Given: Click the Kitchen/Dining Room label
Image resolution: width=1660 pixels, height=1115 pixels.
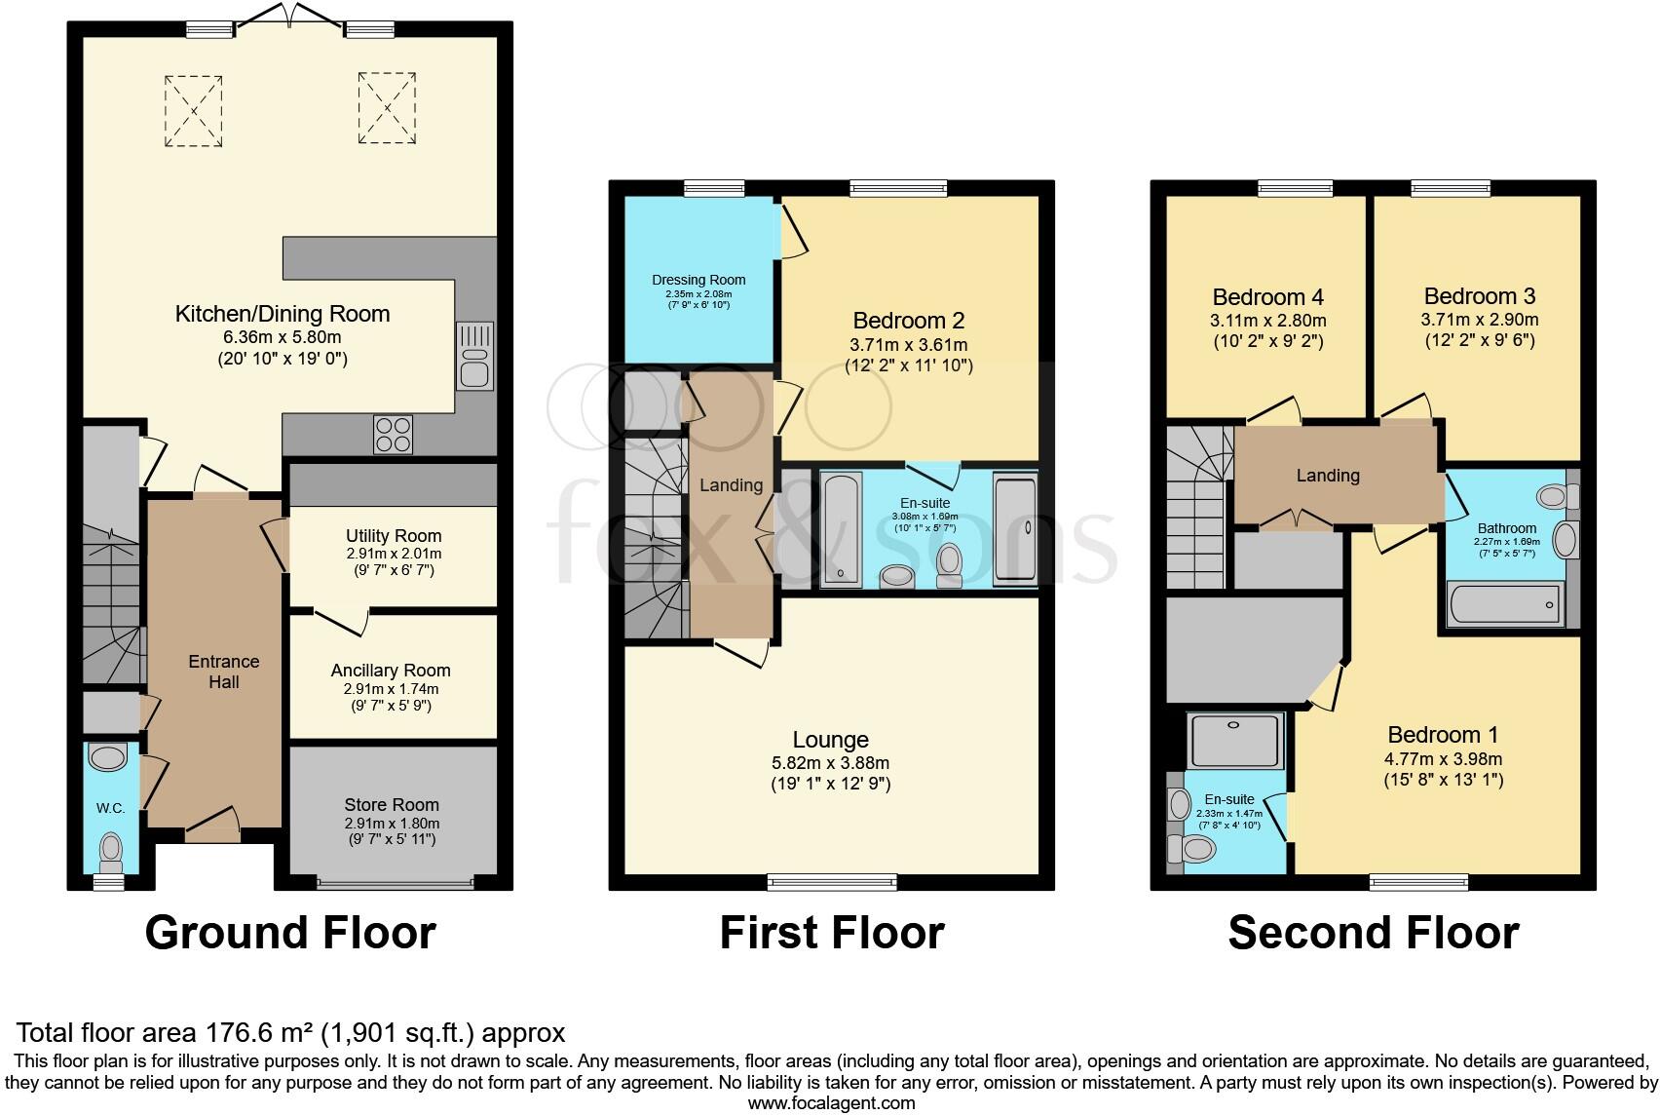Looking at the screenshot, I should click(x=283, y=314).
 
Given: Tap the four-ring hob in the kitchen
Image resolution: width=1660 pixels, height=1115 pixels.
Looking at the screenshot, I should click(x=394, y=434).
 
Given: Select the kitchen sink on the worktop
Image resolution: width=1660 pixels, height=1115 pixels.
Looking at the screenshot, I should click(x=474, y=357).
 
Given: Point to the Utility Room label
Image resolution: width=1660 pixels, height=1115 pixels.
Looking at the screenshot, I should click(x=394, y=536).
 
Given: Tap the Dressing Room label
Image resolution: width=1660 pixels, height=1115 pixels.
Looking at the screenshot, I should click(x=698, y=280).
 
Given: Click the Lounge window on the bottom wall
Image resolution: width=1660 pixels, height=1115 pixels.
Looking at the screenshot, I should click(x=832, y=883).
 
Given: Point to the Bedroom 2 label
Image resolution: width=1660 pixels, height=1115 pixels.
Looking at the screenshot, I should click(x=908, y=321).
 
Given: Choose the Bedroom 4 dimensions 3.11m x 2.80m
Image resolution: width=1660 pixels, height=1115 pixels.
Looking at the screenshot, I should click(x=1267, y=321).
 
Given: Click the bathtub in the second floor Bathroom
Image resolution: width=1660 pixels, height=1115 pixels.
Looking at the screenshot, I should click(x=1505, y=605).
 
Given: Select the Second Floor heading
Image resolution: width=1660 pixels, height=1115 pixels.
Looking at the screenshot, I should click(x=1373, y=933).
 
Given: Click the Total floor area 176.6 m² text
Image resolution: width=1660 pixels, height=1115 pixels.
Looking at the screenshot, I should click(x=290, y=1032).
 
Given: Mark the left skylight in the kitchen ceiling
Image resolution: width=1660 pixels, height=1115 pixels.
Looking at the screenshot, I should click(x=194, y=110).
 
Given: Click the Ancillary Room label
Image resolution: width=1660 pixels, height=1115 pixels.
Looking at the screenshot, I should click(x=391, y=671).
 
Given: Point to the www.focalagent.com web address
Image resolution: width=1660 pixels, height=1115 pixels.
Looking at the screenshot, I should click(x=831, y=1103).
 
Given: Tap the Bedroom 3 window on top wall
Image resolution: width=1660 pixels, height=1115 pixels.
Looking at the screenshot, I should click(x=1451, y=188).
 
